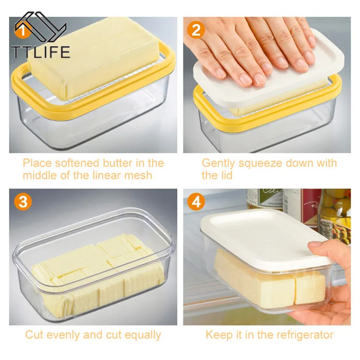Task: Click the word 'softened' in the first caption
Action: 72,162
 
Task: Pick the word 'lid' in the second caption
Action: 225,175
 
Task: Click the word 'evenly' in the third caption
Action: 65,335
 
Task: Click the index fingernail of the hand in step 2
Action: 245,79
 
